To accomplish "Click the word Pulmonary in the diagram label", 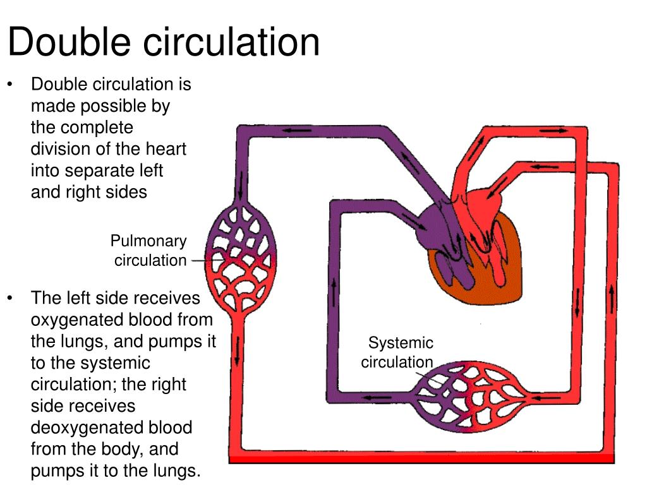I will (x=148, y=241).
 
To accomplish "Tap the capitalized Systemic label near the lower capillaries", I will (x=401, y=343).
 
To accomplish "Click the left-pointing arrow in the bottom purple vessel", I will (x=378, y=398).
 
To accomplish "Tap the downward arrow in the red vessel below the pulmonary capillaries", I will (x=237, y=354).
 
